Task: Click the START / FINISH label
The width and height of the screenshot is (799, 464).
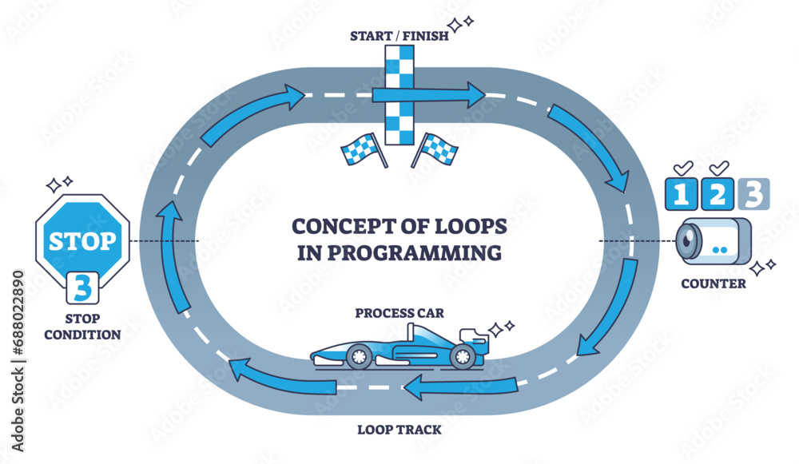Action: pos(396,34)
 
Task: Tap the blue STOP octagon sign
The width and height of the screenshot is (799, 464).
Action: pos(82,240)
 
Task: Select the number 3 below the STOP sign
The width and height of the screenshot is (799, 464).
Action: pos(82,288)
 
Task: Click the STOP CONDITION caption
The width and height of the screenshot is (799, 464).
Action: pos(82,327)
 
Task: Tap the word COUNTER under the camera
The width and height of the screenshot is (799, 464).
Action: pos(714,283)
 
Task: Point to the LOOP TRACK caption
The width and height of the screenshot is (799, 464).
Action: pos(397,430)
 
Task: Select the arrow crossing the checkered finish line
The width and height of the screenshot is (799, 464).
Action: pos(427,94)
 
